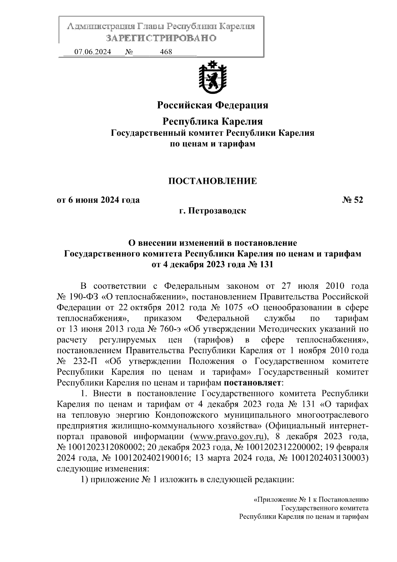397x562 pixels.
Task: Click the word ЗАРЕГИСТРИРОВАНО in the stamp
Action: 161,38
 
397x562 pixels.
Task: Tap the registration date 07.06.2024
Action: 93,52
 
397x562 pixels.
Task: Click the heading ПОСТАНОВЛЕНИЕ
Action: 212,181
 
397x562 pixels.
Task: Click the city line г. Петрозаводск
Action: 212,211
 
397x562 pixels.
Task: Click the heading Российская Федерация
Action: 212,105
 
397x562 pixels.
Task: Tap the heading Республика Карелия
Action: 212,122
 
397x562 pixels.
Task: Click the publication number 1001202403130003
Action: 328,458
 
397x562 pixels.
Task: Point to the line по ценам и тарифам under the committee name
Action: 212,144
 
